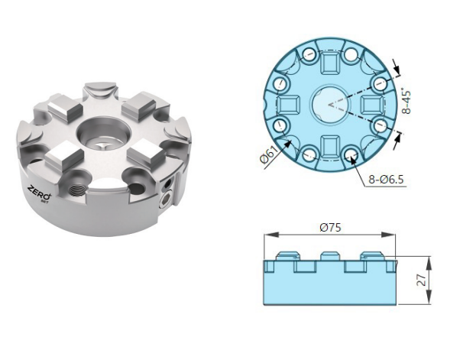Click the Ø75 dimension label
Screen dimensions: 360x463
[331, 228]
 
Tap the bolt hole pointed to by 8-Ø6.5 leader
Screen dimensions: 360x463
[352, 156]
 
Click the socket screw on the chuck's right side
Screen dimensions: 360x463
[167, 201]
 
